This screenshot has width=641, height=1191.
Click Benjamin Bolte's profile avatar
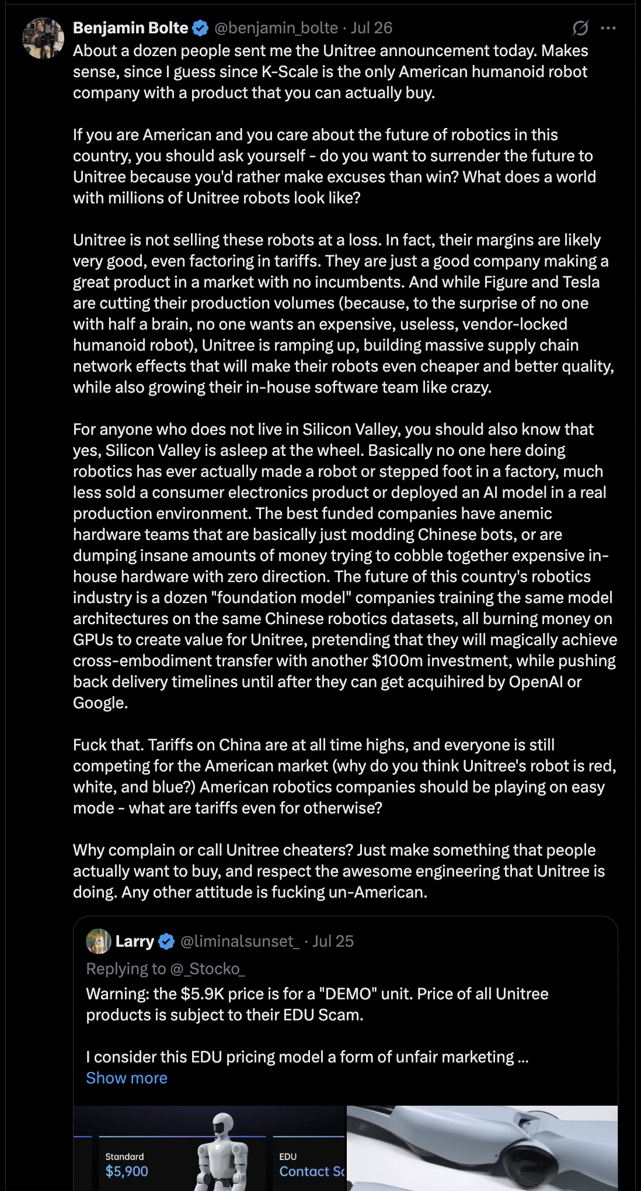43,38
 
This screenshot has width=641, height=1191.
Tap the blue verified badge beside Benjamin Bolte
200,28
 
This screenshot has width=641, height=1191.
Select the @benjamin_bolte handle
276,28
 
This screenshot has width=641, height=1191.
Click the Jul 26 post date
371,28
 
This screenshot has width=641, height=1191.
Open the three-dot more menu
608,28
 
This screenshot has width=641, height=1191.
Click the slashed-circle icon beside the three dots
580,28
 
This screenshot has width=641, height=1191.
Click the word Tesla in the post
581,282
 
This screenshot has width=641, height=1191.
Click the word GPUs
92,640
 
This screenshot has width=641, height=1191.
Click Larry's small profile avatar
99,941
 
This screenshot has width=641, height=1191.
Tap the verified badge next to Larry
166,941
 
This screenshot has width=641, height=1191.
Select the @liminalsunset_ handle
239,941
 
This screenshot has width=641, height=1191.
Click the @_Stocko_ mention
207,969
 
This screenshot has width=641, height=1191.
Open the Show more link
127,1078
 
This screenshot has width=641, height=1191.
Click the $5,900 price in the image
127,1171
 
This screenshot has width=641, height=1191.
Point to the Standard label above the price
124,1157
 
